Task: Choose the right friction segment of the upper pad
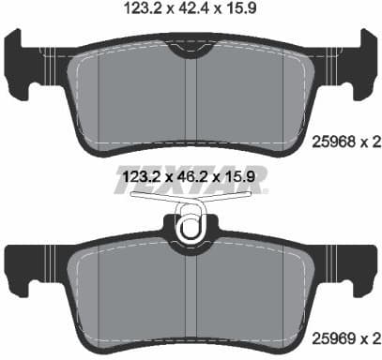click(x=249, y=94)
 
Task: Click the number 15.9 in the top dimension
click(x=241, y=12)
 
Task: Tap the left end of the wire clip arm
click(x=132, y=197)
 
